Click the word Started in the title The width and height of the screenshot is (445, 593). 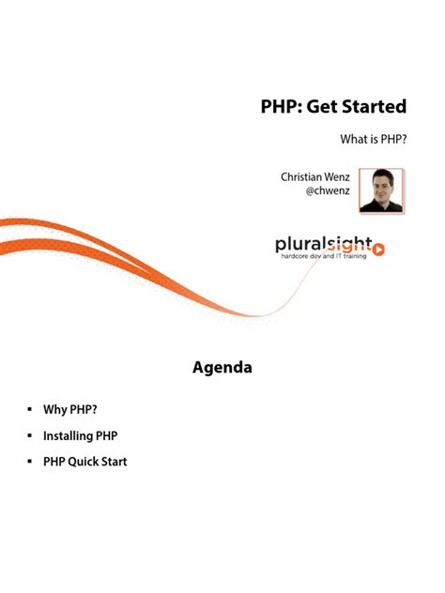[x=373, y=106]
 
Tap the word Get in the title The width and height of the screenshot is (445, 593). [x=320, y=106]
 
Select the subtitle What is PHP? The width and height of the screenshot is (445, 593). [x=373, y=140]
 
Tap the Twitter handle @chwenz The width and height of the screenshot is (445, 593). [x=330, y=191]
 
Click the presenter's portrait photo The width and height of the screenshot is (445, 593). [x=381, y=190]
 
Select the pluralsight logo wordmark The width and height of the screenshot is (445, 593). [x=322, y=244]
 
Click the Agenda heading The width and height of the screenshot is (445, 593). [x=222, y=368]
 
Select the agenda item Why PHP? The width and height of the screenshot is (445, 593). [x=70, y=410]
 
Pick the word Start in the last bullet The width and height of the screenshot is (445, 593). [x=115, y=462]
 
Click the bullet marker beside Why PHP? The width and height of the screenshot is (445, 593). [x=30, y=410]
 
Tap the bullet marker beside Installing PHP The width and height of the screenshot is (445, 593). [x=30, y=436]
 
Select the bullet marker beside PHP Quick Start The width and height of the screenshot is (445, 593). [x=30, y=462]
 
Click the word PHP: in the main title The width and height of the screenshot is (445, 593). [x=283, y=106]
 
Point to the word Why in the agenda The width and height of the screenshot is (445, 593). [x=54, y=410]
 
